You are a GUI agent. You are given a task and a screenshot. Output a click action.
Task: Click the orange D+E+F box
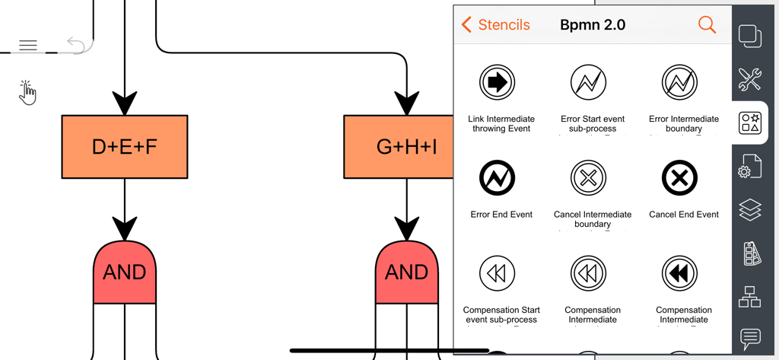124,147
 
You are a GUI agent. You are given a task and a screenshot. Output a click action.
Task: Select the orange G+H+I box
396,147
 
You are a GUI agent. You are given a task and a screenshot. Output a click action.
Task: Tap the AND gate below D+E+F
125,272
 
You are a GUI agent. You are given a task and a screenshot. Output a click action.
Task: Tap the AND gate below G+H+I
407,272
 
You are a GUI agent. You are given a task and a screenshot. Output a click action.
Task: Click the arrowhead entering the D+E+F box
125,103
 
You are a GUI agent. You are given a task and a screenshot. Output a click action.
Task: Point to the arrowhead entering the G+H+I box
407,103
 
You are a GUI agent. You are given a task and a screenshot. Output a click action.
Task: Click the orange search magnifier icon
707,25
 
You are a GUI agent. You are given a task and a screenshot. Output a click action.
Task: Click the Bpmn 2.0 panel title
593,25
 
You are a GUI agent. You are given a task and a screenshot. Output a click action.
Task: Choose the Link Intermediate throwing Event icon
498,81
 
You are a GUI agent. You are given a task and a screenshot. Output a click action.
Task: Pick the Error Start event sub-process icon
588,81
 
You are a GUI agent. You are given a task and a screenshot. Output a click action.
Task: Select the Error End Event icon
498,178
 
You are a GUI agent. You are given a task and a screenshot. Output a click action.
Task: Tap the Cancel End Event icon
679,178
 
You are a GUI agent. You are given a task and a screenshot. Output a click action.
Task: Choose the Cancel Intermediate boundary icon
588,178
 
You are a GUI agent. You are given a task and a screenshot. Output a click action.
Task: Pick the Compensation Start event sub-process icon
498,273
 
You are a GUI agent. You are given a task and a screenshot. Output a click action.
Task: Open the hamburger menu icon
28,46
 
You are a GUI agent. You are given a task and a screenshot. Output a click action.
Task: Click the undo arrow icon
75,45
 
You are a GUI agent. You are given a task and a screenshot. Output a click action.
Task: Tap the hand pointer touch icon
27,93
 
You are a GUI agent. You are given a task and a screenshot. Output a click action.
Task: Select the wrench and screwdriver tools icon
750,78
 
